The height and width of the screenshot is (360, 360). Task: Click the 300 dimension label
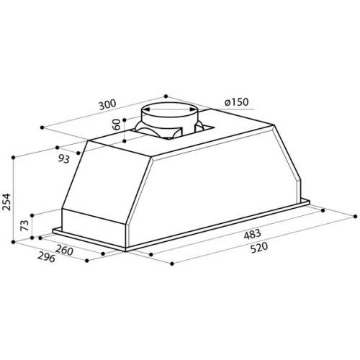(107, 104)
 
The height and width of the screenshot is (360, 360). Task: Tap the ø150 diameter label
(237, 102)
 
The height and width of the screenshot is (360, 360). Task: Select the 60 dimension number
(117, 125)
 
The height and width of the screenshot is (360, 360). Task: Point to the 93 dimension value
(64, 158)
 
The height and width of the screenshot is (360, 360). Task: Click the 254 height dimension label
(6, 202)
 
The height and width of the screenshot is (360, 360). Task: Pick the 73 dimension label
(25, 225)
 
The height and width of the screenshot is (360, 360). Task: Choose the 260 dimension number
(64, 251)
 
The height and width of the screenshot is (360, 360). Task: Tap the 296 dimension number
(46, 258)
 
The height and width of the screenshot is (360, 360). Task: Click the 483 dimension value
(252, 234)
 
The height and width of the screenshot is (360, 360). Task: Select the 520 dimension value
(258, 248)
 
